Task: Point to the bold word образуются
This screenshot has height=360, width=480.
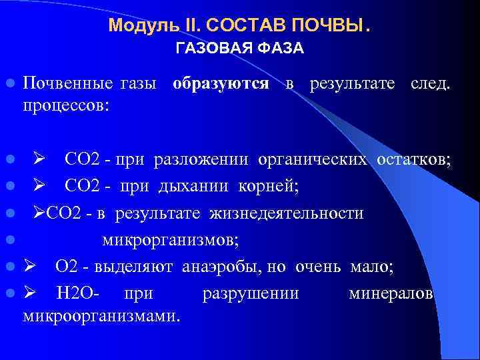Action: pyautogui.click(x=221, y=84)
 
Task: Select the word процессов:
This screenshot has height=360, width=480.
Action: pyautogui.click(x=67, y=105)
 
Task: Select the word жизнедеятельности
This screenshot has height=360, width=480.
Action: pyautogui.click(x=287, y=213)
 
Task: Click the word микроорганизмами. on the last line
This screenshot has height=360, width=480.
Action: pyautogui.click(x=101, y=315)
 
